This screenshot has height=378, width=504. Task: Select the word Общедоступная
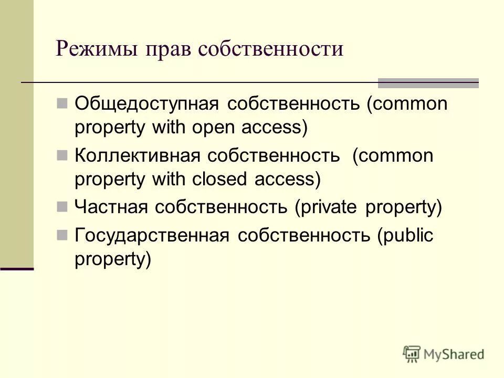(146, 104)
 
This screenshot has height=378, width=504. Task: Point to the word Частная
(110, 207)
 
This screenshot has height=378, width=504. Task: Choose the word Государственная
(152, 235)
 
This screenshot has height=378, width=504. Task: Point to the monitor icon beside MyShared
(412, 354)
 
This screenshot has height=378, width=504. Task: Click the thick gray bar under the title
(428, 83)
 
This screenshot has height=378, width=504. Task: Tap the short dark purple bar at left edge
(17, 268)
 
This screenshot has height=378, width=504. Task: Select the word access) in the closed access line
(287, 180)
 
